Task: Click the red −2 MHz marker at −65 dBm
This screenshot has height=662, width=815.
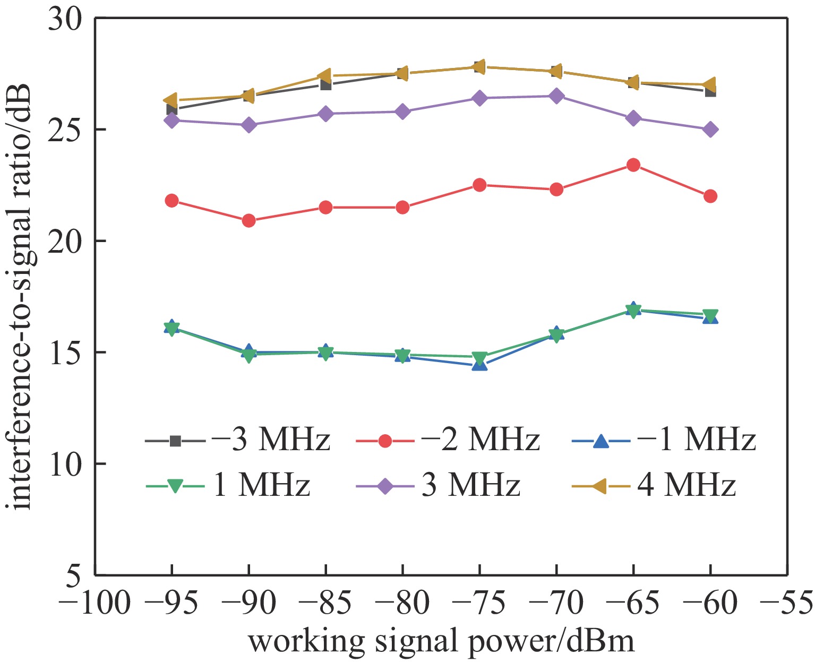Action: (x=633, y=165)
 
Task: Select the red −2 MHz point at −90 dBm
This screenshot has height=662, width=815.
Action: (x=248, y=221)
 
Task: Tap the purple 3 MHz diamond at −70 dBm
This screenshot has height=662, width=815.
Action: (x=556, y=96)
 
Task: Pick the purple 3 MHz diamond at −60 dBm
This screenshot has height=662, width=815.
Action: (x=710, y=130)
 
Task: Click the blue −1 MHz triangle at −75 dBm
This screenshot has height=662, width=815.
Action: (x=479, y=365)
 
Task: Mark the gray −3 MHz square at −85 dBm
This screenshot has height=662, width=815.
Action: (x=326, y=85)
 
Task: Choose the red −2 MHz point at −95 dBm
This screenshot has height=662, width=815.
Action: (x=171, y=201)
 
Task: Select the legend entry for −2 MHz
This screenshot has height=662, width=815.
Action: (x=448, y=440)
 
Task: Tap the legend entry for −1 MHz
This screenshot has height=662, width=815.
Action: (x=664, y=440)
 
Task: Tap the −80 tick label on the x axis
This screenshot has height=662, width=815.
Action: (x=402, y=604)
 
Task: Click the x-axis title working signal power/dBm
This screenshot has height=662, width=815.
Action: (x=441, y=642)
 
